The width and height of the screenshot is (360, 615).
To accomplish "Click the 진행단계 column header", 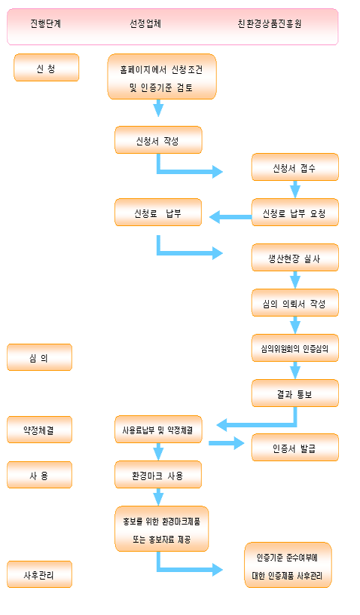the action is click(46, 23).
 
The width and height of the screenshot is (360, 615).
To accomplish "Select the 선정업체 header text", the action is click(145, 23).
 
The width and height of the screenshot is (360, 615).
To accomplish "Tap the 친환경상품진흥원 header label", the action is click(270, 23).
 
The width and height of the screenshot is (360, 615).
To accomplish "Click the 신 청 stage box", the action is click(46, 68).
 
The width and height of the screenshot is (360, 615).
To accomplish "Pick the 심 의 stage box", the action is click(40, 357).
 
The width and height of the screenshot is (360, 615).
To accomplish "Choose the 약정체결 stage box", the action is click(40, 430).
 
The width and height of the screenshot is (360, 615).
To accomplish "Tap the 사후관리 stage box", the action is click(40, 574).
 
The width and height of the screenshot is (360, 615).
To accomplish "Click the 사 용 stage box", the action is click(40, 475).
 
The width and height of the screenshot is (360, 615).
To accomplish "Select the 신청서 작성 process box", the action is click(158, 140).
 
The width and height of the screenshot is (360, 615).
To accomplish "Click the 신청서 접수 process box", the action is click(295, 167).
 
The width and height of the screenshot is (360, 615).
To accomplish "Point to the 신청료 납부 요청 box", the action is click(295, 213).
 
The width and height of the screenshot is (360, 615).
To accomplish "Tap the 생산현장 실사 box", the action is click(295, 257).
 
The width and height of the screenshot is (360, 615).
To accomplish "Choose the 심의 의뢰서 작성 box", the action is click(295, 303).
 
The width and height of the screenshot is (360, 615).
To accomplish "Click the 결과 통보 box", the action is click(295, 393).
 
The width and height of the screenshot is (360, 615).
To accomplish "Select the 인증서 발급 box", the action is click(295, 448).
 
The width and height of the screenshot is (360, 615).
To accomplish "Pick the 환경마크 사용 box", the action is click(158, 475).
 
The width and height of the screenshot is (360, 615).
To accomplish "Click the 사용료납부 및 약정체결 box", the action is click(158, 430).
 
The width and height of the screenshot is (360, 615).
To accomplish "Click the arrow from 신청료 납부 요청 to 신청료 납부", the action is click(230, 216).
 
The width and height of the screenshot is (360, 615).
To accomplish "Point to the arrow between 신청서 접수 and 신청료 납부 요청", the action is click(295, 189).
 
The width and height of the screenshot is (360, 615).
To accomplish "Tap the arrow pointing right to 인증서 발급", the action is click(227, 443).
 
